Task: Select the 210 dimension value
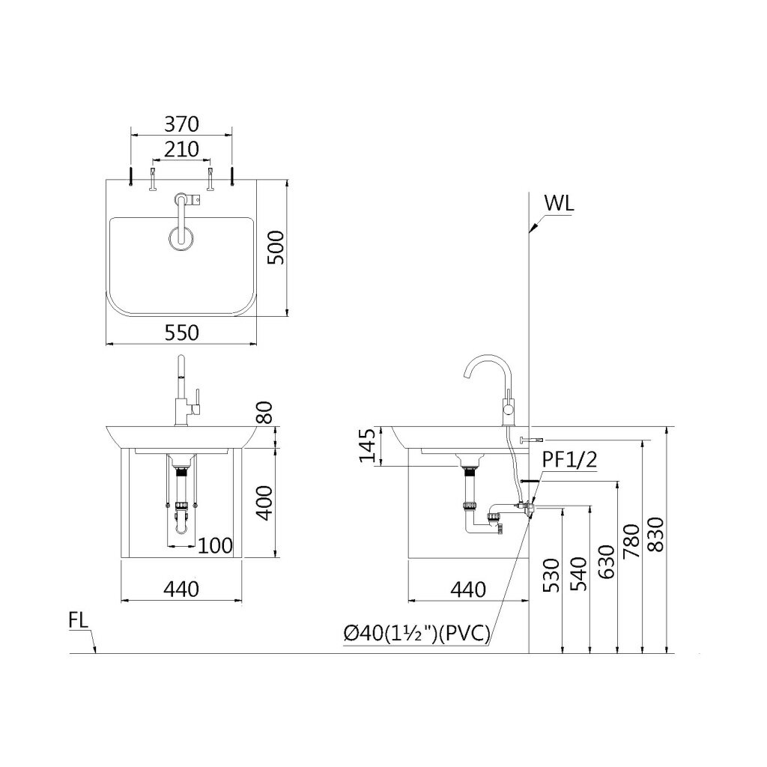point(181,149)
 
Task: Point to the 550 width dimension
point(181,333)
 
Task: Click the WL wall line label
point(560,204)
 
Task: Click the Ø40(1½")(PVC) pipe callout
point(417,635)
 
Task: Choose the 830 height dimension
point(655,535)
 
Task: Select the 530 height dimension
point(551,575)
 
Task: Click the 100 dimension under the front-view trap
point(215,544)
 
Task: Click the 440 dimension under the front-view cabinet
point(181,589)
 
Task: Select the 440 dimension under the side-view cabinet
point(468,589)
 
